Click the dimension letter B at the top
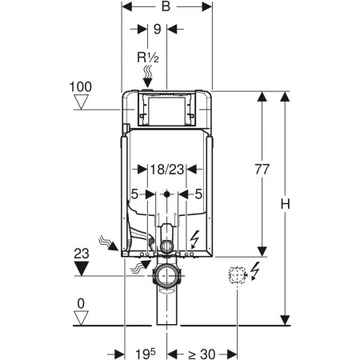pyautogui.click(x=166, y=6)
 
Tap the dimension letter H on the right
pyautogui.click(x=285, y=205)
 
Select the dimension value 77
pyautogui.click(x=262, y=170)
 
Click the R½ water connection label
pyautogui.click(x=148, y=58)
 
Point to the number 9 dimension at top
pyautogui.click(x=158, y=29)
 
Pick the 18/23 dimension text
pyautogui.click(x=167, y=170)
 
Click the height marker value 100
pyautogui.click(x=81, y=87)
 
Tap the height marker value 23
pyautogui.click(x=82, y=254)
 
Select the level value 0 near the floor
pyautogui.click(x=81, y=303)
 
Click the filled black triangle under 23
pyautogui.click(x=81, y=268)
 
